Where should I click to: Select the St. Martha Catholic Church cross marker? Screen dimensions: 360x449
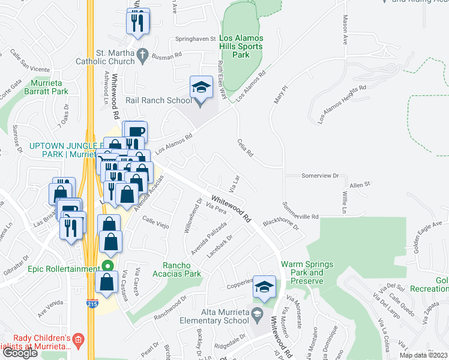142,55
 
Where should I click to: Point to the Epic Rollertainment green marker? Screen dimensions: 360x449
107,266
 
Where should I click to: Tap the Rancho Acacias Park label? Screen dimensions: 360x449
182,269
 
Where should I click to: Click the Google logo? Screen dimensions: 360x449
20,353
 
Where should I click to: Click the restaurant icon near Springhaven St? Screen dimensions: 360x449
137,22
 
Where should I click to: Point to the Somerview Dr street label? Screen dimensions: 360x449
320,176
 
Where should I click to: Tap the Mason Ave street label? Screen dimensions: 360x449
345,29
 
